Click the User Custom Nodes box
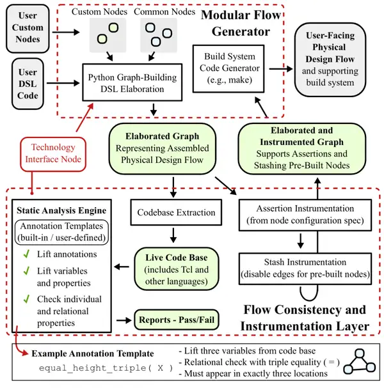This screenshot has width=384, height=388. tap(28, 29)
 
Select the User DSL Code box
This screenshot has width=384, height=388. tap(28, 84)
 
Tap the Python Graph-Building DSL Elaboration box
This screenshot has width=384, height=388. tap(132, 82)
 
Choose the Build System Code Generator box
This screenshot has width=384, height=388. tap(228, 68)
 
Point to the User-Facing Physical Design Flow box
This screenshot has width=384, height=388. tap(330, 59)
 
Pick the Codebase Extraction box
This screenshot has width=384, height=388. tap(176, 212)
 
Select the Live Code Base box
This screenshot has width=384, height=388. tap(177, 269)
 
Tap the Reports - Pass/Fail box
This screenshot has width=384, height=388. tap(177, 320)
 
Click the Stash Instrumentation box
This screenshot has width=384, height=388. tap(305, 268)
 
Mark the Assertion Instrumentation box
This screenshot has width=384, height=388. tap(305, 215)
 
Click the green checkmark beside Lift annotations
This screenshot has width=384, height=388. tap(26, 254)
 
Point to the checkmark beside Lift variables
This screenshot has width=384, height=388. tap(26, 271)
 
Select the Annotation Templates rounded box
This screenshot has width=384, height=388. tap(61, 232)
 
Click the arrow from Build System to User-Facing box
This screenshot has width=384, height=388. tap(281, 69)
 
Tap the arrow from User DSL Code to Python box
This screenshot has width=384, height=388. tap(63, 83)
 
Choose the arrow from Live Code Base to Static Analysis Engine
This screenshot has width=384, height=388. tap(122, 267)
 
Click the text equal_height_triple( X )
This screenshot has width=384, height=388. tap(106, 368)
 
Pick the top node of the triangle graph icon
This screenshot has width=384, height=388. tap(359, 353)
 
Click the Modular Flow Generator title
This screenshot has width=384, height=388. tap(241, 23)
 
